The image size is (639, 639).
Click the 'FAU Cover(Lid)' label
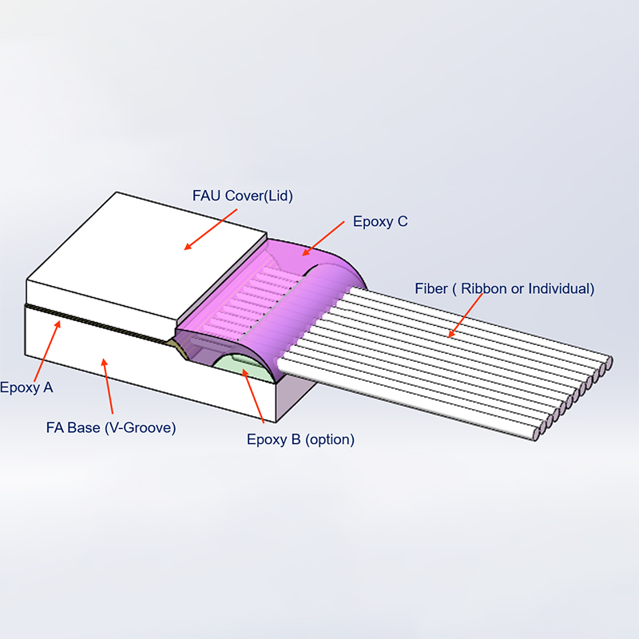pos(243,196)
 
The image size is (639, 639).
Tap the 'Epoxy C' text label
pos(380,221)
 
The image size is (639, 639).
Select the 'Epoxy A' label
pos(26,387)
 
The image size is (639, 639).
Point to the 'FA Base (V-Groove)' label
pos(111,428)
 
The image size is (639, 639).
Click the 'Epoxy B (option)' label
pos(301,439)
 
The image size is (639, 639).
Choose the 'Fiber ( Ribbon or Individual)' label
pos(505,288)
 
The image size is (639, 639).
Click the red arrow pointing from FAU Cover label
pos(210,229)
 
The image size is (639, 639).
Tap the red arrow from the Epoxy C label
pos(323,238)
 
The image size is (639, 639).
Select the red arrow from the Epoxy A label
pos(47,351)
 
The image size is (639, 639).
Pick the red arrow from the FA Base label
pos(108,386)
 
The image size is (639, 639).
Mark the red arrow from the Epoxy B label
pos(253,395)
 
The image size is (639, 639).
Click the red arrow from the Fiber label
pos(465,316)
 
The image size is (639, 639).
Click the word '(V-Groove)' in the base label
pos(141,428)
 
